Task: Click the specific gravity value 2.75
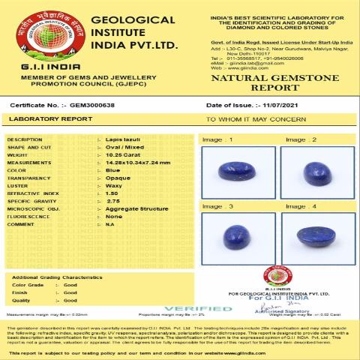click(113, 201)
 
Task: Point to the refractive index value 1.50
click(112, 193)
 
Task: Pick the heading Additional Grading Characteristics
click(56, 277)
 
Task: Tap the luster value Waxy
click(113, 186)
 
